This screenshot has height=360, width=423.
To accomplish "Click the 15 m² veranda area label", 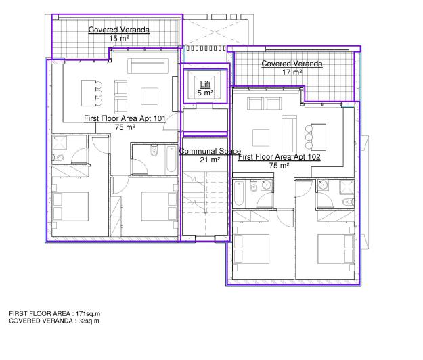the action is (119, 39).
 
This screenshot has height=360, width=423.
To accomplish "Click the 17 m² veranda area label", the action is (292, 72).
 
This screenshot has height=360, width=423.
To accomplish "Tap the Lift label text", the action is (205, 84).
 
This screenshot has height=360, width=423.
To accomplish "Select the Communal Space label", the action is (210, 151).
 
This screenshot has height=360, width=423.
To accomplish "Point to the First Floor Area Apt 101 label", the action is (125, 118).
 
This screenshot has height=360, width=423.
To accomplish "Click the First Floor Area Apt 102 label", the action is (280, 157).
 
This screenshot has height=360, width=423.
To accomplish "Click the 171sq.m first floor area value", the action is (88, 313).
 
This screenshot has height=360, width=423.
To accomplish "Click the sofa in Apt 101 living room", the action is (148, 66).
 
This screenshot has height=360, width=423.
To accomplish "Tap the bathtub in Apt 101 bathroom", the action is (171, 159).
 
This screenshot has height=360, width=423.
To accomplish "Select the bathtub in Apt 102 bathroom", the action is (239, 194).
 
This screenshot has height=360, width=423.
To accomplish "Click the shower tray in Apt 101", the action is (60, 143).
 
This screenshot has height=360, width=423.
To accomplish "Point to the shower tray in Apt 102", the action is (347, 187).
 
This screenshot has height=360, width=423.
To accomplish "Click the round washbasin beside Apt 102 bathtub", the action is (267, 185).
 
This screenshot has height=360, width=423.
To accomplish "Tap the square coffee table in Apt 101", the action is (150, 96).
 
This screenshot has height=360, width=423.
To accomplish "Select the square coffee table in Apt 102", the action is (261, 138).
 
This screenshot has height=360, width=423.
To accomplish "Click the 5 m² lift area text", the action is (205, 93).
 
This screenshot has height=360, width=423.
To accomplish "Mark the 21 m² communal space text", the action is (210, 160).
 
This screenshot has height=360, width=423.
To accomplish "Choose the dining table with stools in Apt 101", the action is (91, 93).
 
